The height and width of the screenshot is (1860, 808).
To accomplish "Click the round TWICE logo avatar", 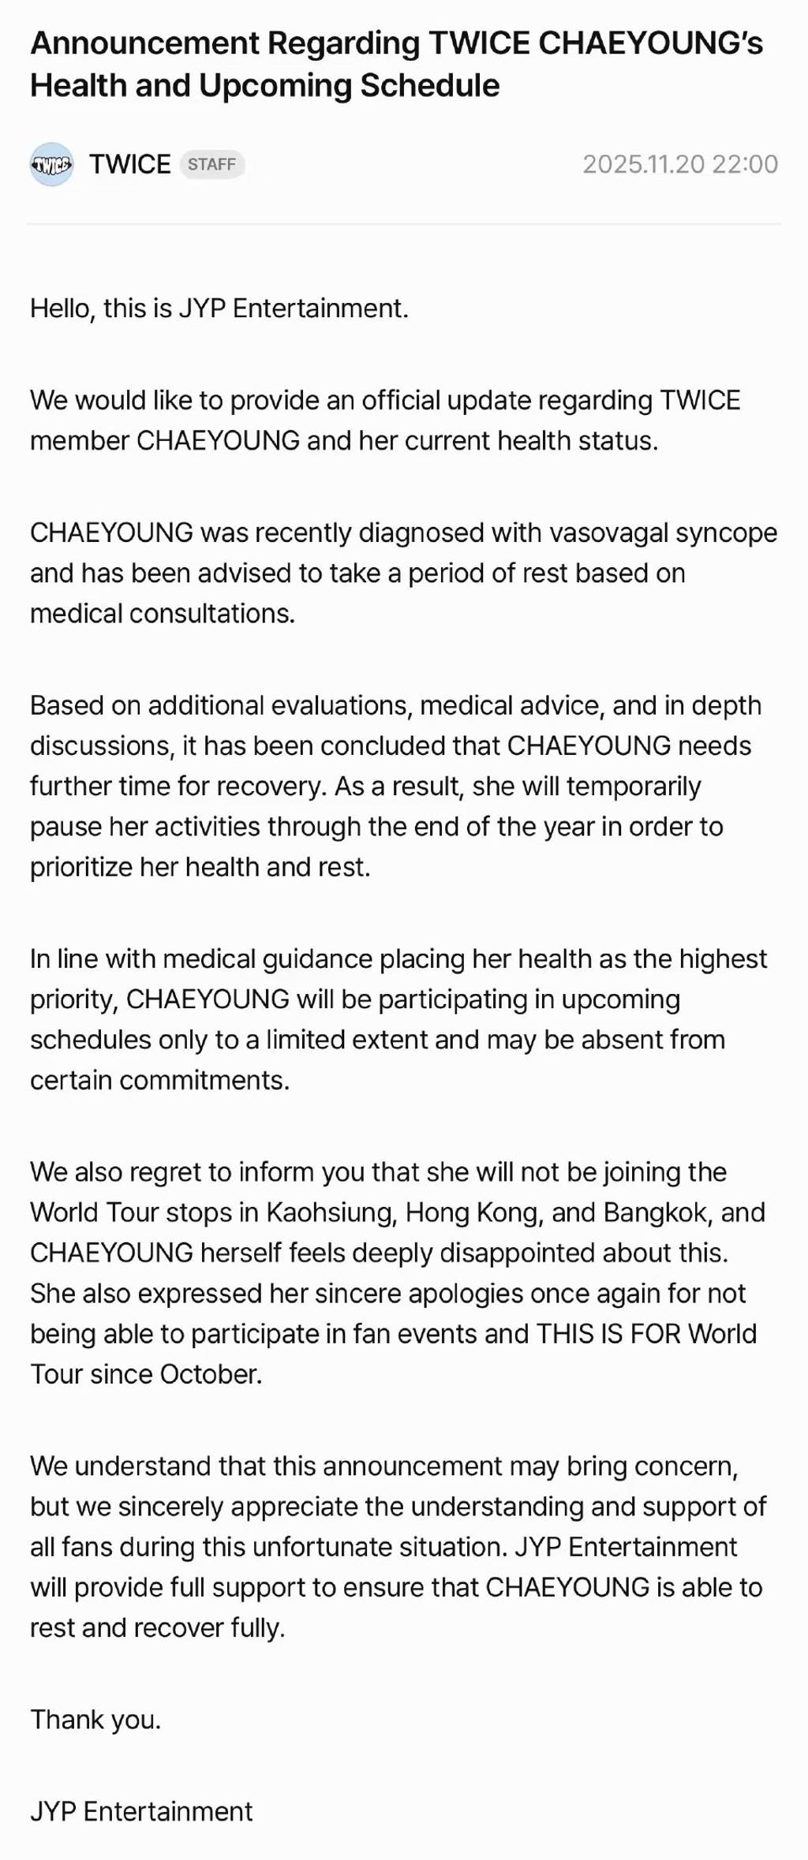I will click(52, 164).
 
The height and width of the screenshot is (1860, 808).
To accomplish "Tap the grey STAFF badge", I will click(211, 164).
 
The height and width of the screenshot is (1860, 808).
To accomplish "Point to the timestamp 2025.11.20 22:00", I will click(680, 164).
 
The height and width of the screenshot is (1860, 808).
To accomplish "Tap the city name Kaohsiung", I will click(331, 1212).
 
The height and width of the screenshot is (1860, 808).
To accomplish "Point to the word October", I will click(211, 1374).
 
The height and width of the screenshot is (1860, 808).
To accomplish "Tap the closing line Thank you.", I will click(95, 1720).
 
